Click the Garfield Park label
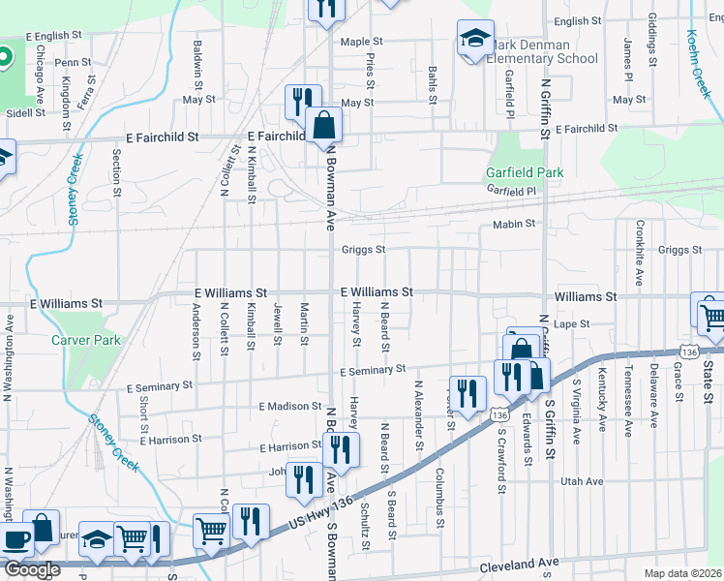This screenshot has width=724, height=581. click(524, 173)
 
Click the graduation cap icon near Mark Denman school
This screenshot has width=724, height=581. click(474, 39)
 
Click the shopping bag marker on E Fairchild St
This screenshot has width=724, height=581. click(323, 124)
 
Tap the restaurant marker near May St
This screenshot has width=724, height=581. click(302, 101)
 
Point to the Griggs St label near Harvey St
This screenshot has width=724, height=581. click(363, 250)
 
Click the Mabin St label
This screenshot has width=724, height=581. click(514, 224)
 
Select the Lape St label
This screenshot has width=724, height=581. click(574, 324)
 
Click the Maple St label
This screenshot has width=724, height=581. click(362, 42)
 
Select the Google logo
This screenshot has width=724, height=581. click(32, 569)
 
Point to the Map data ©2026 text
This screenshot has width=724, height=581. click(682, 573)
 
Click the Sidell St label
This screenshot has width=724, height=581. click(25, 113)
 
